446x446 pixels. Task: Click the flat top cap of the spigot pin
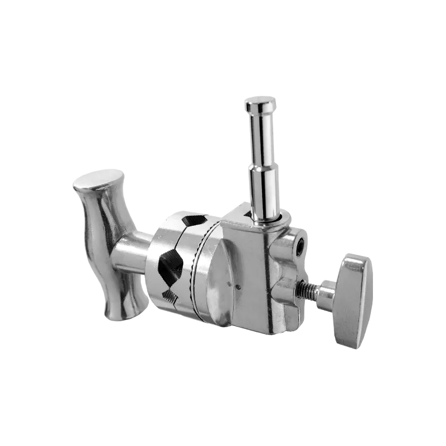tap(260, 103)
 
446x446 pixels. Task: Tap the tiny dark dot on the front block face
tap(238, 288)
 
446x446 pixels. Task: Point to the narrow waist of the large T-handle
tap(106, 245)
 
